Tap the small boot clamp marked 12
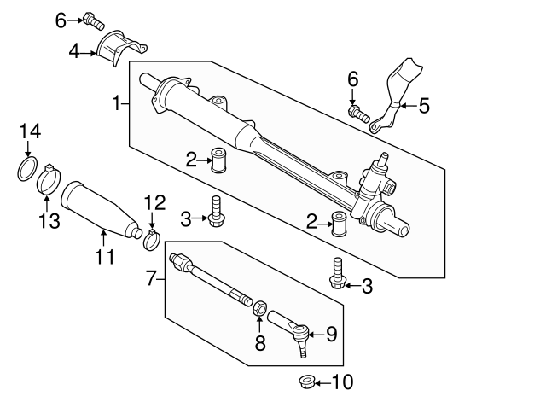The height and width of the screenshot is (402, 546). (152, 239)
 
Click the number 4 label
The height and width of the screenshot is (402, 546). (74, 53)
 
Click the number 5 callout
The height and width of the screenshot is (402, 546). (424, 107)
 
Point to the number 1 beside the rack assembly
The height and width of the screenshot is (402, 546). (117, 103)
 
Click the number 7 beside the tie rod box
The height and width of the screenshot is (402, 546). (150, 278)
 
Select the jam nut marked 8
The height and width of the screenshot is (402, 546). (259, 306)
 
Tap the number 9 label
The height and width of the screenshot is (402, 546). (332, 334)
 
